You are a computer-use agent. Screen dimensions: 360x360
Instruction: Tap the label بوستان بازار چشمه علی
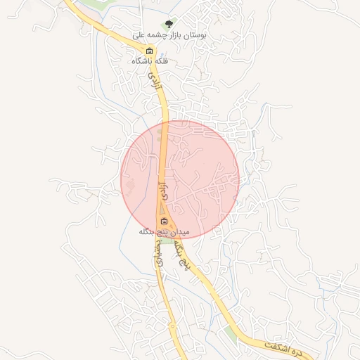click(x=168, y=35)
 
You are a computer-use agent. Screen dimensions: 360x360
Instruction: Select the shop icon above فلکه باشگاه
click(x=149, y=51)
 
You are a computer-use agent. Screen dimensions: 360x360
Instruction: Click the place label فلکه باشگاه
click(x=150, y=61)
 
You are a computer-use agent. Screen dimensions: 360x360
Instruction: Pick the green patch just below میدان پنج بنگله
click(x=169, y=240)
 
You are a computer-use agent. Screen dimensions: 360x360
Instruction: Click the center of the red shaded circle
click(x=180, y=179)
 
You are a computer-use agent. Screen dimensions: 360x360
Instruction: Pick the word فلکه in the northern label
click(x=158, y=61)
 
